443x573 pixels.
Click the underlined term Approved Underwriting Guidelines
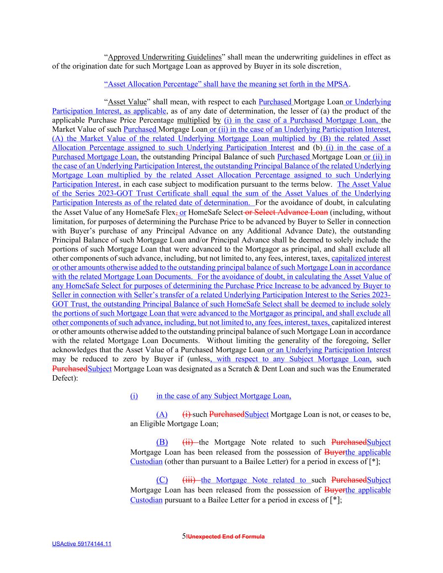coord(165,57)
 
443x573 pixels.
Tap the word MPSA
coord(338,84)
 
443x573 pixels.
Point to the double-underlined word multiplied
coord(193,120)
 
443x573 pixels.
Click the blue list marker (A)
coord(162,415)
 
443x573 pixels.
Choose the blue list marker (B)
coord(162,442)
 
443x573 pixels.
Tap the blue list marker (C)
coord(162,480)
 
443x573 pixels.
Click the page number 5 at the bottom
coord(183,536)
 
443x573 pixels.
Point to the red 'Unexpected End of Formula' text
coord(226,537)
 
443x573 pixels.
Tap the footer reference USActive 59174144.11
coord(81,544)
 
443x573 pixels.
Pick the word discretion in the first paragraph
coord(323,66)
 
